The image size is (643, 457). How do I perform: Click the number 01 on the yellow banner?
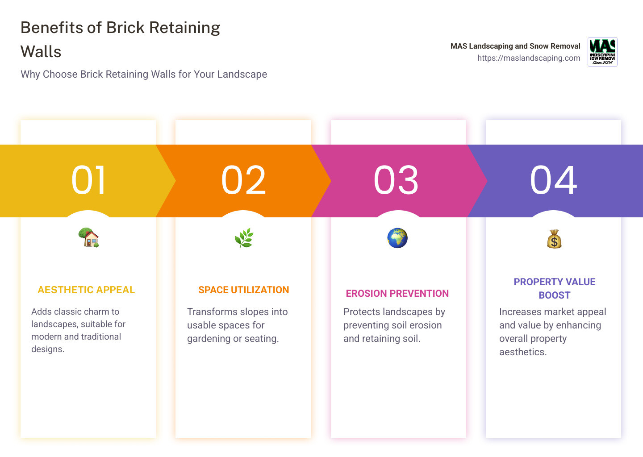(88, 180)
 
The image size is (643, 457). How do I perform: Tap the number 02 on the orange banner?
(243, 180)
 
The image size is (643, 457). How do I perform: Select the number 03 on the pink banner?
(396, 180)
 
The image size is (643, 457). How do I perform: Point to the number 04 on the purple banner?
(554, 180)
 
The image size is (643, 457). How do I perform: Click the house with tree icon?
(88, 237)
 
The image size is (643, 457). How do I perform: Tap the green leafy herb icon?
(244, 238)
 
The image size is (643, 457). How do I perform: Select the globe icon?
(397, 238)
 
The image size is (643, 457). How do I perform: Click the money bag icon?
(554, 239)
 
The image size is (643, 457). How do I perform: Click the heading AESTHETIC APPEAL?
(86, 290)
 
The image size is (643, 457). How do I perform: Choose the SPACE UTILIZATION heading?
(244, 290)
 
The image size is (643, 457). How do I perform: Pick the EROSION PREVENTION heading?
(397, 294)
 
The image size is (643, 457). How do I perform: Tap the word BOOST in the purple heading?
(554, 295)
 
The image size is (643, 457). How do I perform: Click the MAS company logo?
(602, 52)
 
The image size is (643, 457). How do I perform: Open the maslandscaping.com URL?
(529, 58)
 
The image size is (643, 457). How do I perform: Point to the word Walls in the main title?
(41, 52)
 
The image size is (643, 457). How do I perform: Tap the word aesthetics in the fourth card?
(522, 352)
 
